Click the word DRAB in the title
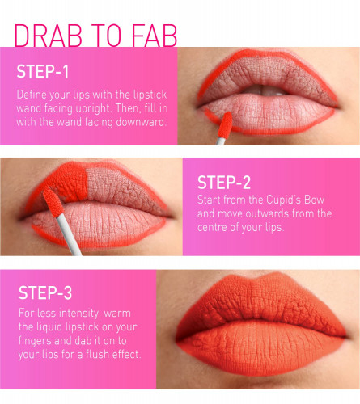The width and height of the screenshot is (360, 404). coord(48,36)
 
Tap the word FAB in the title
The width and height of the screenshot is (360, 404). coord(155,36)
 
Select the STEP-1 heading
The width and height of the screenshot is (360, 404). coord(43,72)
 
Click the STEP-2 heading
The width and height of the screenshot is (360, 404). coord(224,183)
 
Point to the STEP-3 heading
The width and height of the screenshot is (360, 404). coord(45,292)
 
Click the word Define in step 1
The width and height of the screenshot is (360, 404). coord(29,95)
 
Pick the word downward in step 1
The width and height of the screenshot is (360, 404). coord(141,122)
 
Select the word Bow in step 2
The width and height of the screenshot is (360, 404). coord(315,200)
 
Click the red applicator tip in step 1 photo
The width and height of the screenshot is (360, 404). coord(225,124)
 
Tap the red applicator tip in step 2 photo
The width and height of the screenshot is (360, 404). coord(53,202)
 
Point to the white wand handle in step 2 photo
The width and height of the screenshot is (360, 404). coord(70,235)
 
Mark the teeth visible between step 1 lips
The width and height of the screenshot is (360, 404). coord(267,90)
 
